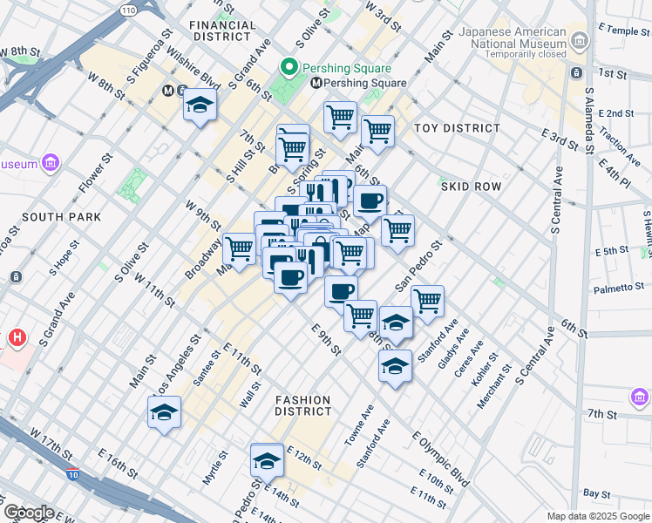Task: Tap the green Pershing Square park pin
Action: tap(289, 67)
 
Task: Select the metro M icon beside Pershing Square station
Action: tap(317, 84)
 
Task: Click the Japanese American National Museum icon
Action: tap(578, 38)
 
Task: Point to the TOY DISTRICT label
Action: tap(457, 128)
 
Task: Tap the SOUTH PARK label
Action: tap(62, 216)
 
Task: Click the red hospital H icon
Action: tap(17, 337)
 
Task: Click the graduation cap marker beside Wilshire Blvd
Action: tap(200, 107)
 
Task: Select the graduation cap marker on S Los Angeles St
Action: tap(164, 412)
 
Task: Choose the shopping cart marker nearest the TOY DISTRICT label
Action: tap(377, 132)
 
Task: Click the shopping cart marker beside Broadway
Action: tap(239, 249)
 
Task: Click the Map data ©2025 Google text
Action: tap(596, 516)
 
